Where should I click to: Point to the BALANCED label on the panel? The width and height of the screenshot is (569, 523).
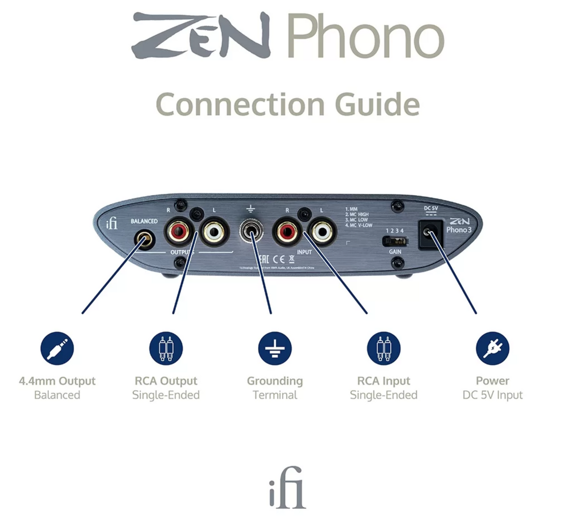(x=144, y=221)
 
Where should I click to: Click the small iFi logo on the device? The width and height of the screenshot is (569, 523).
(x=112, y=222)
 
